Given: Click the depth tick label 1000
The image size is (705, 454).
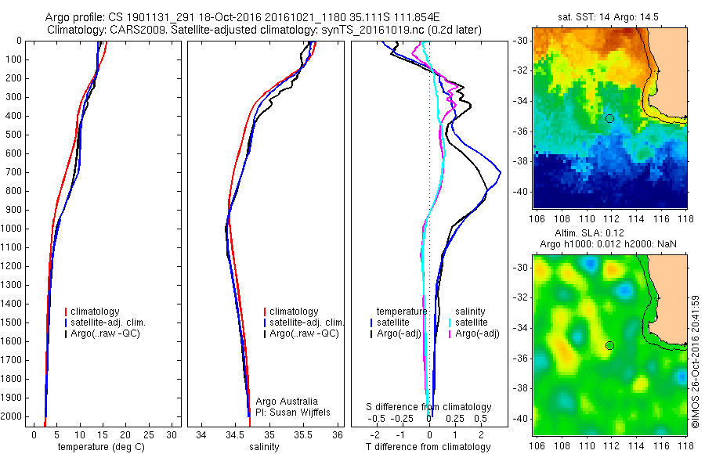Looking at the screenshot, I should click(13, 229).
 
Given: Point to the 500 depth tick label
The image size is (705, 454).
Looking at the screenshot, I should click(15, 135).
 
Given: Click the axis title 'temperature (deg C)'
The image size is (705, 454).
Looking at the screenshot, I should click(100, 447).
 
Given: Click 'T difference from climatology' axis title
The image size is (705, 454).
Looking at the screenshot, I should click(429, 447).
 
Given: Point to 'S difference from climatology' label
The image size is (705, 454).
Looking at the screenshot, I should click(429, 407).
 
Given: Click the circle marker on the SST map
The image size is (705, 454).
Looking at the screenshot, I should click(609, 118).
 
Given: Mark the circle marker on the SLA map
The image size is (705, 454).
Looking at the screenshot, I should click(609, 345).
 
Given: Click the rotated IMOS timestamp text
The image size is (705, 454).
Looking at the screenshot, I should click(696, 361).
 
